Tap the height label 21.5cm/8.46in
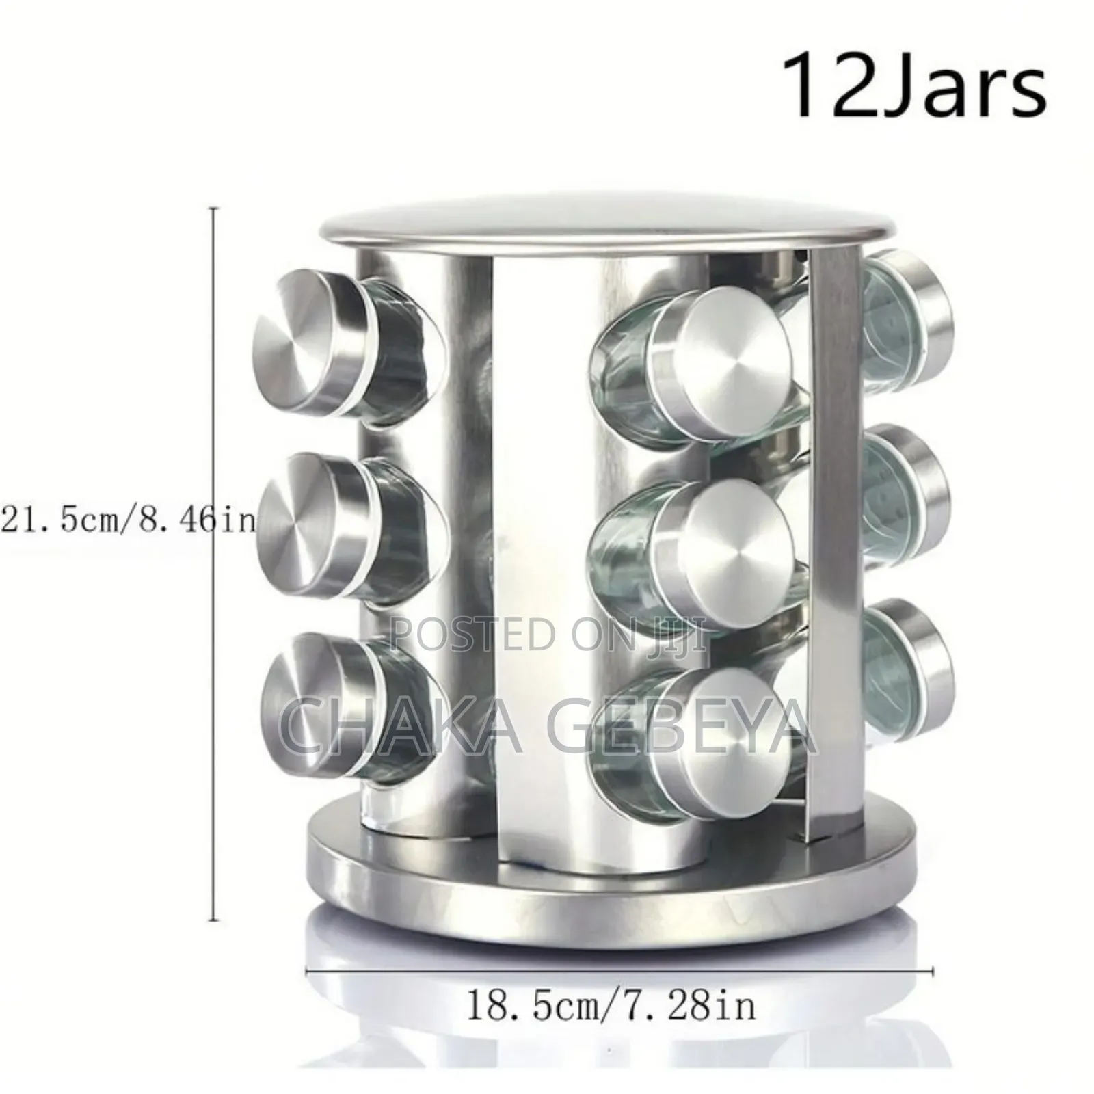click(x=129, y=520)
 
